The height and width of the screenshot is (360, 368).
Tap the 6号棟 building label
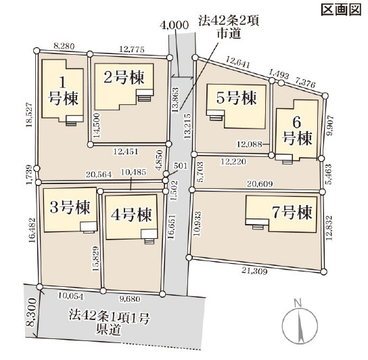[297, 131]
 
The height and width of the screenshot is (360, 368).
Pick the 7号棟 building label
[292, 212]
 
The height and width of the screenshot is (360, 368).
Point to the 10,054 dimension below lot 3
[70, 296]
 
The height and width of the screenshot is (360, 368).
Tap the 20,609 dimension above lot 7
[260, 185]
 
